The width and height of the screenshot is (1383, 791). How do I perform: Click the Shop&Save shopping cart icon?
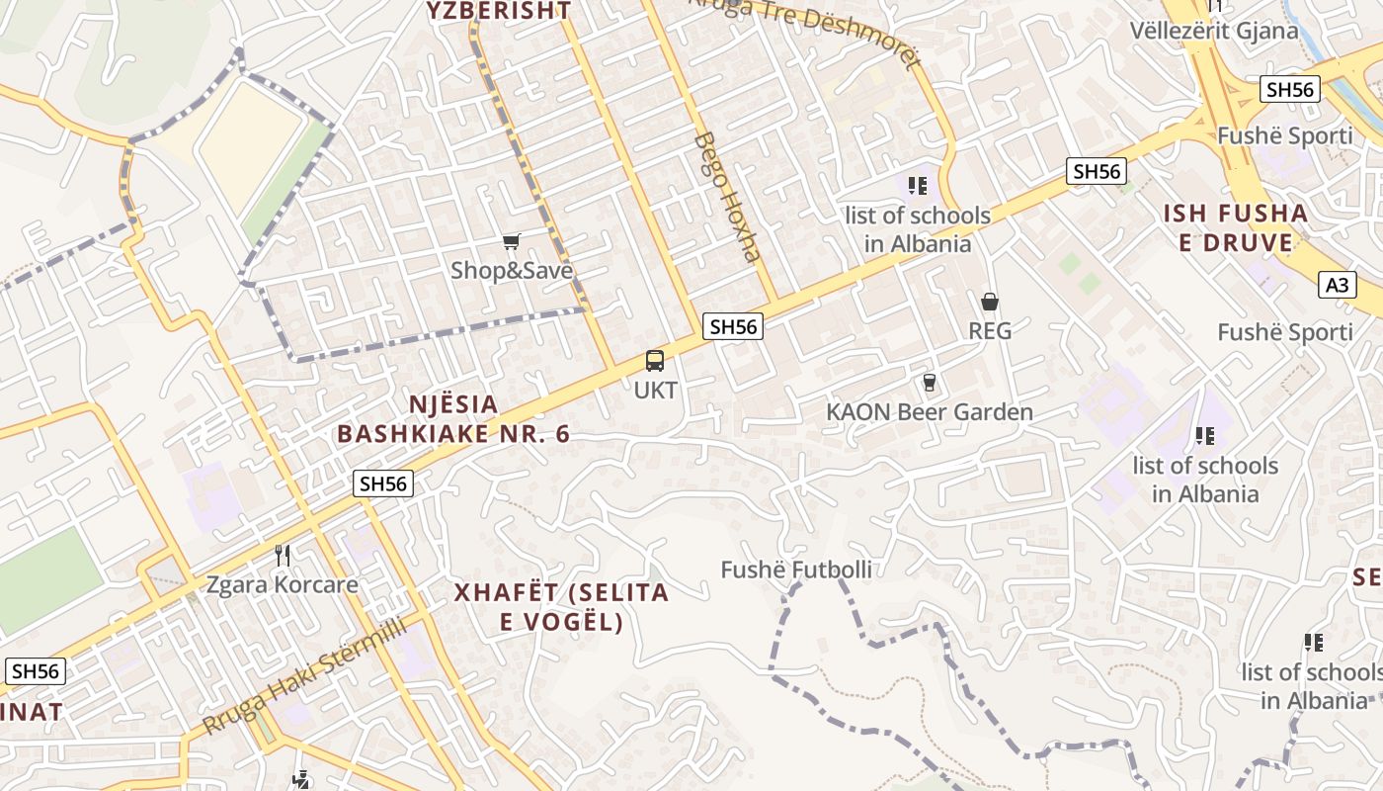click(x=511, y=241)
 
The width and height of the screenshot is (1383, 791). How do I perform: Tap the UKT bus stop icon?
click(x=655, y=361)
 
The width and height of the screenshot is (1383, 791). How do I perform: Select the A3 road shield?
click(x=1336, y=286)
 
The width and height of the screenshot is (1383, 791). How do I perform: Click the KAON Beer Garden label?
click(x=930, y=412)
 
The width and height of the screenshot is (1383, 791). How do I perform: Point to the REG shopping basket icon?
click(x=989, y=302)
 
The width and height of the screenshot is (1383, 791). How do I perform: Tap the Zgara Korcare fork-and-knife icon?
click(x=283, y=556)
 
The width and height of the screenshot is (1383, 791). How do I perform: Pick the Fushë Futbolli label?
click(x=796, y=570)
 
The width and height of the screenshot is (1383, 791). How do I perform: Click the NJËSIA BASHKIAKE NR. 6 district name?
click(x=454, y=419)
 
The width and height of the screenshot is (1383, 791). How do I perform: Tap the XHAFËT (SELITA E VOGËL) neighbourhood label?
click(x=561, y=607)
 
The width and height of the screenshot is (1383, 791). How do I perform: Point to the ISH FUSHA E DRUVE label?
click(x=1235, y=227)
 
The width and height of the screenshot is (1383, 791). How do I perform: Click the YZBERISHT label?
click(x=499, y=11)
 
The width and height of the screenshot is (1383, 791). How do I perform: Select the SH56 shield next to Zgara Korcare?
click(x=383, y=483)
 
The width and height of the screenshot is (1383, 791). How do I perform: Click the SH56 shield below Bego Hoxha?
click(x=734, y=326)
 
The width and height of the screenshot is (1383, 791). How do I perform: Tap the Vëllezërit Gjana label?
click(x=1214, y=31)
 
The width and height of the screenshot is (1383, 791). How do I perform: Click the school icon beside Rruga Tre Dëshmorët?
click(x=918, y=185)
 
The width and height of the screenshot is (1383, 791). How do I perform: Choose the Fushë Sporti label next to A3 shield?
click(x=1284, y=332)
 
